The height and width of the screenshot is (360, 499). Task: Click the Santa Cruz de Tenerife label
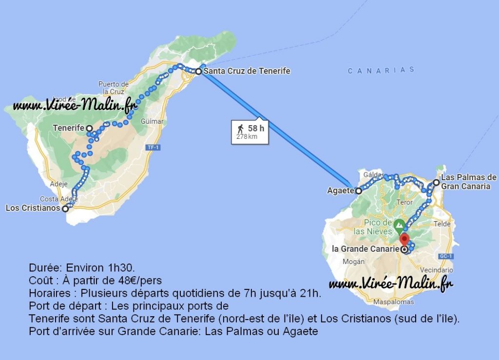[247, 71]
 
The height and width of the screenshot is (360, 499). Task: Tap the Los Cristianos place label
[33, 208]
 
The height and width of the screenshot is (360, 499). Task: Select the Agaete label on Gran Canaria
[341, 191]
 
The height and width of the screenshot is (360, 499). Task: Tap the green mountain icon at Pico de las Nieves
[399, 225]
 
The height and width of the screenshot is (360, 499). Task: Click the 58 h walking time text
[256, 129]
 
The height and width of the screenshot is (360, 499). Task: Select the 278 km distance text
[246, 137]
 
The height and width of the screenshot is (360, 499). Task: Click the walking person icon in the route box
[241, 129]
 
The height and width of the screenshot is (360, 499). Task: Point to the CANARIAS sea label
[381, 70]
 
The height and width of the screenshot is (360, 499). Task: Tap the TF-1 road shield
[154, 147]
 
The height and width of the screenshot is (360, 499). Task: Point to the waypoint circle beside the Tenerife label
[89, 128]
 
